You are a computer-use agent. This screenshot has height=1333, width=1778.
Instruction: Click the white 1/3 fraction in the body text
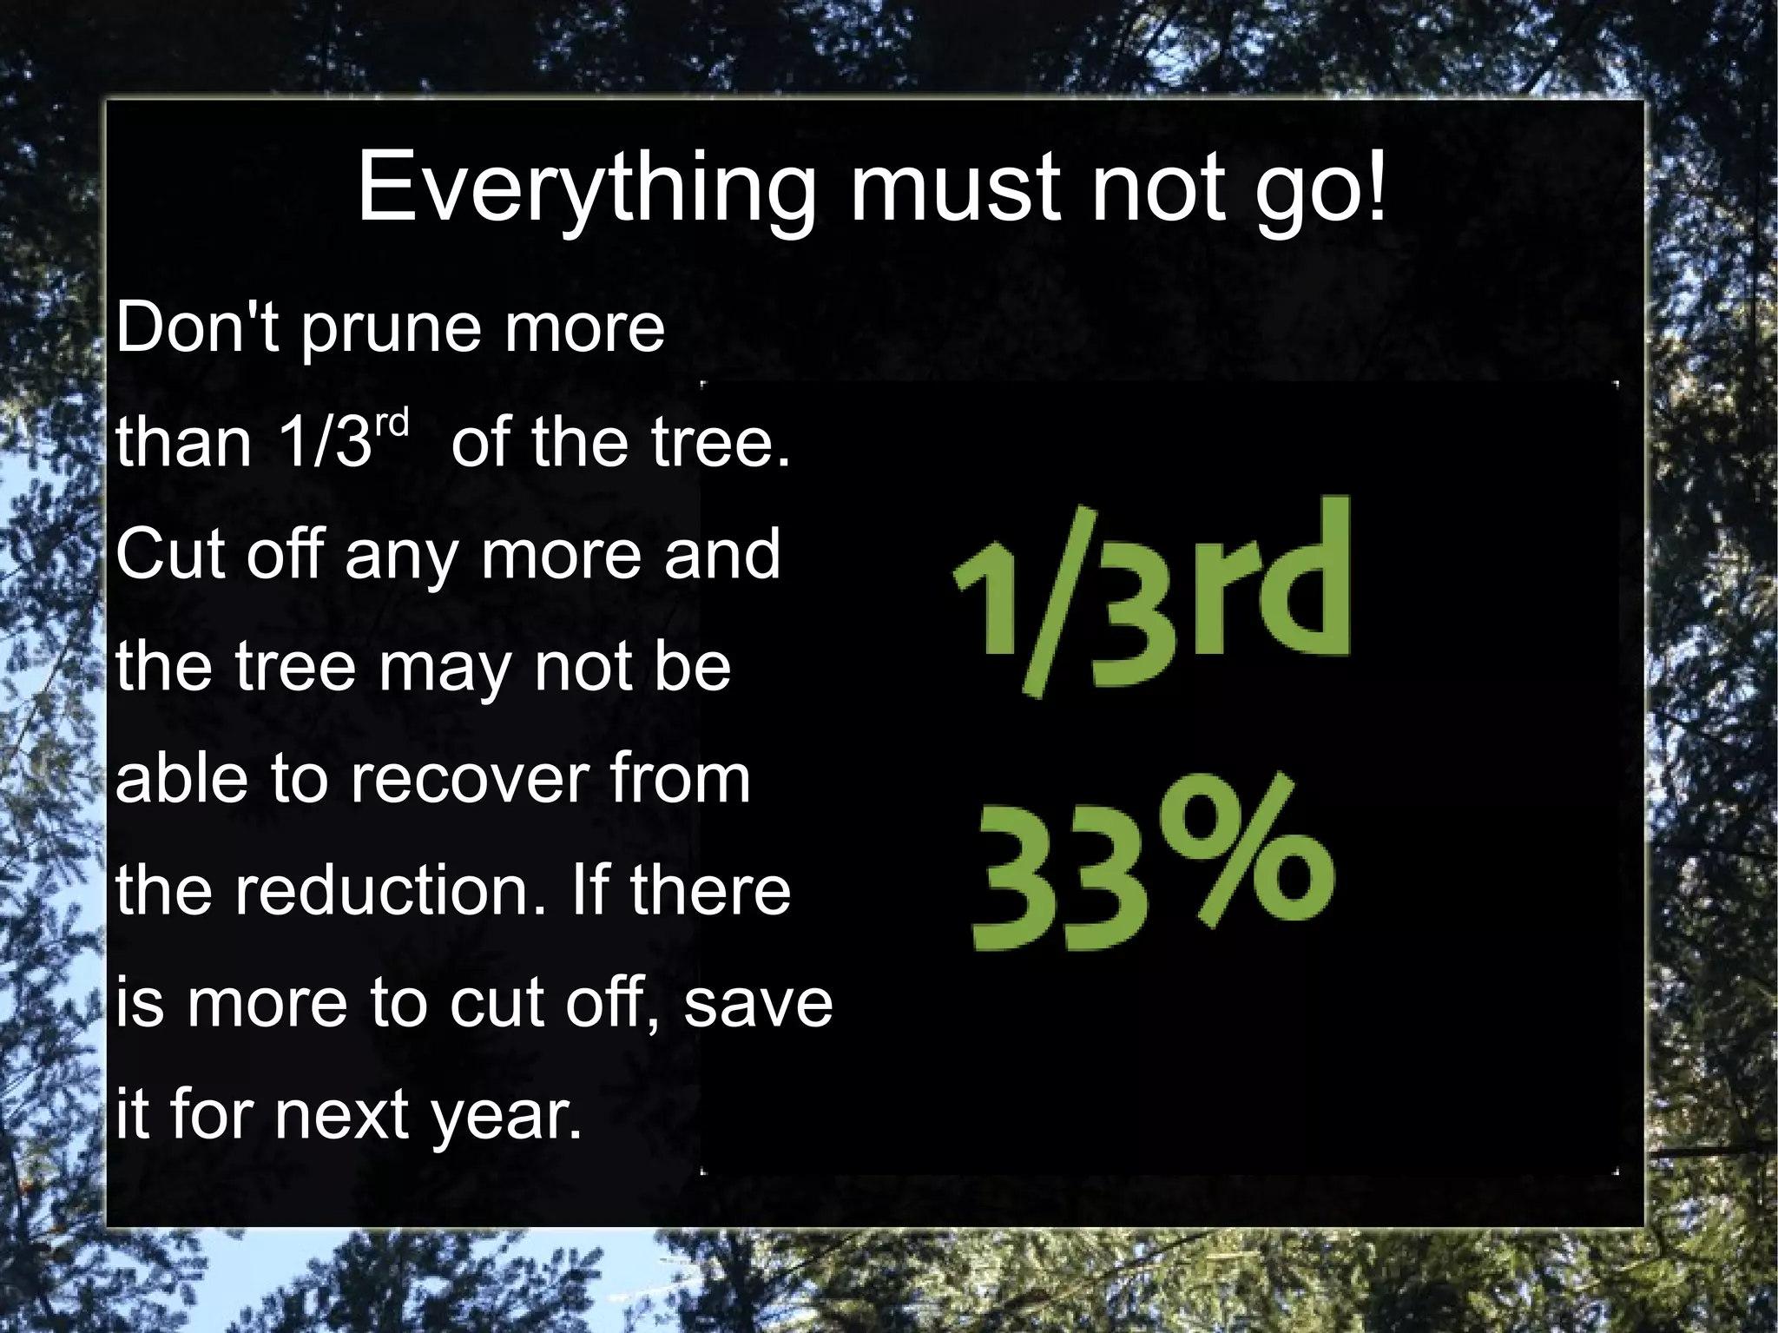coord(325,441)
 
